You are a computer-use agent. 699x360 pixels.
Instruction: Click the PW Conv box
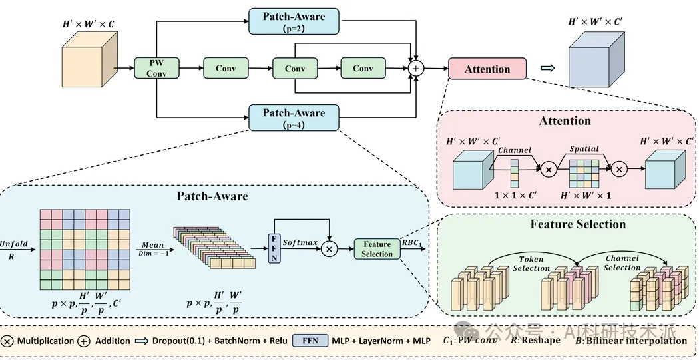pyautogui.click(x=156, y=68)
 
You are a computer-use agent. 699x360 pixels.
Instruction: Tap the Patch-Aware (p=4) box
pyautogui.click(x=294, y=118)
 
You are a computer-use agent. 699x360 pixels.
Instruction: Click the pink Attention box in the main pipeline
pyautogui.click(x=487, y=69)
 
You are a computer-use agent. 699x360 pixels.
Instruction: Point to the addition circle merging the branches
pyautogui.click(x=417, y=68)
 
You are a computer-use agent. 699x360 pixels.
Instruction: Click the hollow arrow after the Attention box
pyautogui.click(x=547, y=68)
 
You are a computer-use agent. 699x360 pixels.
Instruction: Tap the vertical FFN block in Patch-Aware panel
pyautogui.click(x=274, y=248)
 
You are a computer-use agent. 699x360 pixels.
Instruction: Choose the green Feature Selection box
pyautogui.click(x=377, y=249)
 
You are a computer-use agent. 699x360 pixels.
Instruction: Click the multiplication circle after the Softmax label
pyautogui.click(x=330, y=248)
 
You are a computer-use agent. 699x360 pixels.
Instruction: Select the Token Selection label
pyautogui.click(x=531, y=264)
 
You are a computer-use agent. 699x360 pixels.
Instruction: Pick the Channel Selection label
pyautogui.click(x=622, y=262)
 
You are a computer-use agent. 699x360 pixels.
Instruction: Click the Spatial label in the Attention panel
pyautogui.click(x=584, y=149)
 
